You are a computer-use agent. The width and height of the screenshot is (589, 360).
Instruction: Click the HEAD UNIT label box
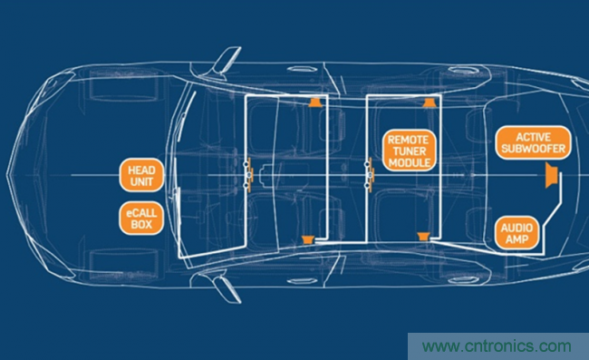tap(141, 176)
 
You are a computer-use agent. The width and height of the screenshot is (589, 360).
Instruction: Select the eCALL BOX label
tap(141, 219)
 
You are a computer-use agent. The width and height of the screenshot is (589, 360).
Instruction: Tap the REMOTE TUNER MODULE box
tap(410, 151)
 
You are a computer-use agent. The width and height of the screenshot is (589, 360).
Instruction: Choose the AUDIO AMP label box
tap(517, 233)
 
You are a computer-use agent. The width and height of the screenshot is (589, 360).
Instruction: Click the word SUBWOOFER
tap(534, 149)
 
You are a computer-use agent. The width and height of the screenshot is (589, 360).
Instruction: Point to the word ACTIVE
tap(534, 137)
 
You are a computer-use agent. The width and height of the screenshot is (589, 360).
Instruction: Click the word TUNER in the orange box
tap(410, 151)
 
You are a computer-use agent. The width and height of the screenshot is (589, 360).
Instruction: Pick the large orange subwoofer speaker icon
tap(552, 176)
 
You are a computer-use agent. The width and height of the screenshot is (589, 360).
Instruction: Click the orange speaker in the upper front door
tap(315, 102)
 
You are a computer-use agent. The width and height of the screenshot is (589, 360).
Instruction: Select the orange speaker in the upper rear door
tap(430, 102)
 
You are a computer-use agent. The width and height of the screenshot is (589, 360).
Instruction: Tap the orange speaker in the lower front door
tap(308, 239)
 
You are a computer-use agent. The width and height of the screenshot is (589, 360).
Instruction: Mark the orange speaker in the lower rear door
tap(423, 237)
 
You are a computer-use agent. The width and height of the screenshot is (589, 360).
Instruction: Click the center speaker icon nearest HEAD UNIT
tap(248, 175)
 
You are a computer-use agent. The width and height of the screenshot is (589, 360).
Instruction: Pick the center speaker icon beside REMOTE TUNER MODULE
tap(370, 175)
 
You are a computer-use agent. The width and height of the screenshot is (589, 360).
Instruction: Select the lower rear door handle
tap(463, 280)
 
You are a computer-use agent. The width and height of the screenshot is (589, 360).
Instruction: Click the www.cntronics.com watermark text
tap(497, 345)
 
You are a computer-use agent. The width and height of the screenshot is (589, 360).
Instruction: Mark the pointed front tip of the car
tap(7, 175)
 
